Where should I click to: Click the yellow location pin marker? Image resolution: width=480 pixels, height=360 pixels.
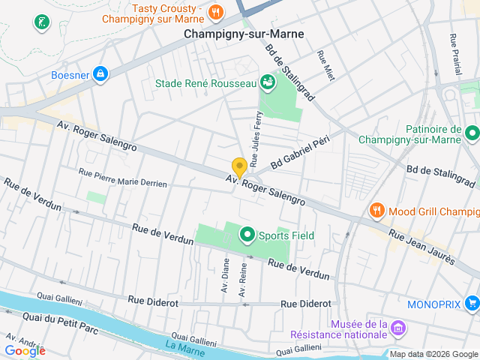click(239, 168)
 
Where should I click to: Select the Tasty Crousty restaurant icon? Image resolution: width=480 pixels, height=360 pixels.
click(216, 11)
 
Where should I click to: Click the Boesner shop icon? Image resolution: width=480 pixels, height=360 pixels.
click(100, 74)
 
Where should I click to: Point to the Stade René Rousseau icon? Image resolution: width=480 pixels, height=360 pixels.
click(267, 82)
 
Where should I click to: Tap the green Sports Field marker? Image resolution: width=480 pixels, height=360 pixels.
click(246, 235)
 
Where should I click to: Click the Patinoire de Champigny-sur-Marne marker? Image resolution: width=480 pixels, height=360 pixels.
click(472, 133)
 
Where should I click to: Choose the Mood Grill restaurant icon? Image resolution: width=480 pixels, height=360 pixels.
click(376, 211)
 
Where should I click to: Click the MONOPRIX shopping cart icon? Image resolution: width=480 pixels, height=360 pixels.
click(472, 304)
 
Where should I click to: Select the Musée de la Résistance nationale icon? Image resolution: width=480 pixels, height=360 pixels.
click(398, 328)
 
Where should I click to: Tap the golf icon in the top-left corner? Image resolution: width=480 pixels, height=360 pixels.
click(40, 22)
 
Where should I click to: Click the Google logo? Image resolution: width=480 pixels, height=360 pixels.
click(25, 350)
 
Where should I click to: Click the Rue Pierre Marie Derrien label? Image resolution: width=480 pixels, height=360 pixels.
click(122, 177)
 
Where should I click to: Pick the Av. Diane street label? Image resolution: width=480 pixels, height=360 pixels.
click(225, 275)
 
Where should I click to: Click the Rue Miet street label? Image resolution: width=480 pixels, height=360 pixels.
click(325, 65)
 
